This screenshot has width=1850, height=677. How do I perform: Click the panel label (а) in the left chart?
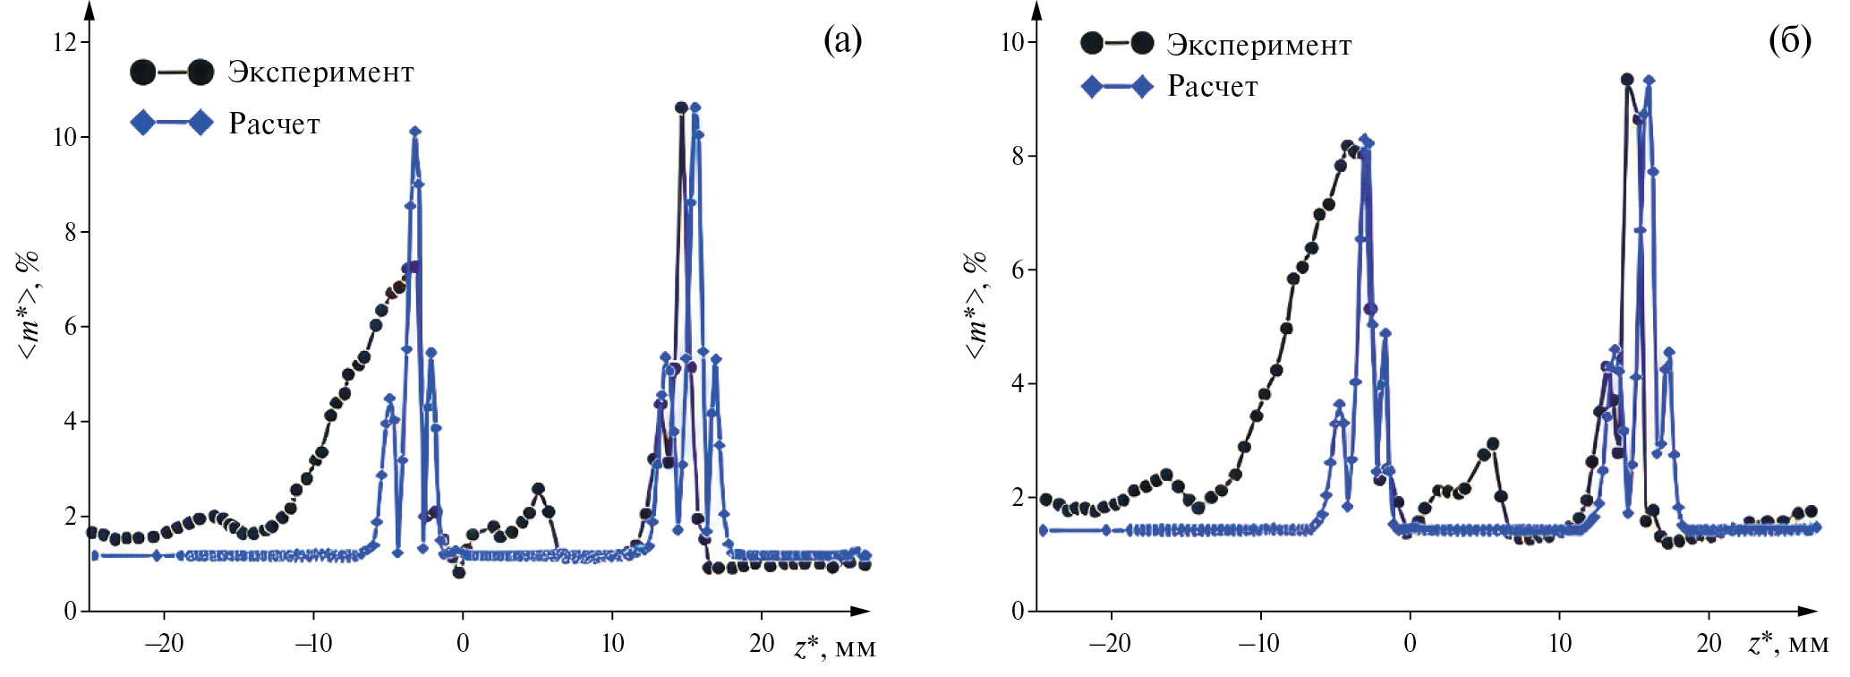click(x=842, y=39)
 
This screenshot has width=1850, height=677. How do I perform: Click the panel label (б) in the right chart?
click(x=1789, y=39)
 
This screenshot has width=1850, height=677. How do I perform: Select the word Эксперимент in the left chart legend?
click(x=320, y=73)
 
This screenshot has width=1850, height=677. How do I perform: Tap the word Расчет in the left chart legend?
click(x=274, y=124)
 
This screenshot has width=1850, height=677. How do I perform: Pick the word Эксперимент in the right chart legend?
click(x=1258, y=45)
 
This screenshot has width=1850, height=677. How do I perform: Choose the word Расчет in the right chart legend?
click(x=1212, y=87)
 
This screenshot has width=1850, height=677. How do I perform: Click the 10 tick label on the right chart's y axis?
click(x=1011, y=42)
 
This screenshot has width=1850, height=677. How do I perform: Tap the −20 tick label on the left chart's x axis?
click(x=164, y=643)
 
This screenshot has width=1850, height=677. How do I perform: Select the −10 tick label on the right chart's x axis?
click(x=1260, y=643)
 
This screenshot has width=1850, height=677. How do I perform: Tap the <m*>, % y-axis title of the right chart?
click(x=975, y=304)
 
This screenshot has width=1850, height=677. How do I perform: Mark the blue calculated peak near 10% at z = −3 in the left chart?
click(x=415, y=132)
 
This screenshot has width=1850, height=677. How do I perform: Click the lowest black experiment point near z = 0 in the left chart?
click(x=458, y=572)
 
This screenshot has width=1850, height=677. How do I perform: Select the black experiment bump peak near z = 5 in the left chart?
click(x=538, y=489)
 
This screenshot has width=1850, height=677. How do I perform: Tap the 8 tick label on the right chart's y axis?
click(x=1018, y=156)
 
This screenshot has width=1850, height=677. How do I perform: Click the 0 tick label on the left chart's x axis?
click(x=463, y=643)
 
